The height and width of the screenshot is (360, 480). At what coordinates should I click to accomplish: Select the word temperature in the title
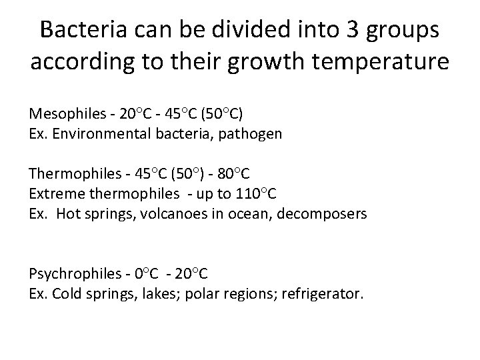[x=377, y=63]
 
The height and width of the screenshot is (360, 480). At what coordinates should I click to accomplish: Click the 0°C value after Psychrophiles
[x=147, y=274]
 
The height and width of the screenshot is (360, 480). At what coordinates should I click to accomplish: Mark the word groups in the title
[x=405, y=31]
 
